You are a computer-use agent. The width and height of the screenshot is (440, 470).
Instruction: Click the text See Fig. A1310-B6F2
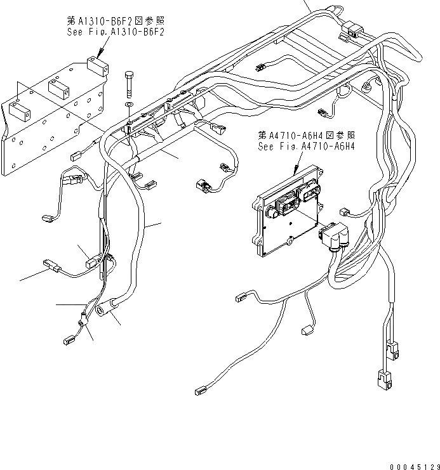pyautogui.click(x=115, y=32)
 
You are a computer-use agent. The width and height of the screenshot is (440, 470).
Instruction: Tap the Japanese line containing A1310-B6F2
pyautogui.click(x=115, y=20)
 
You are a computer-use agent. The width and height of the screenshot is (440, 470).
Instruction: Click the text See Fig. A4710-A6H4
pyautogui.click(x=306, y=146)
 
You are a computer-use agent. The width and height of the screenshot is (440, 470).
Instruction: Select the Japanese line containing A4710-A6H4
pyautogui.click(x=306, y=135)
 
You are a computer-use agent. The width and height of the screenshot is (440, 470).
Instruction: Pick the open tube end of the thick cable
pyautogui.click(x=102, y=311)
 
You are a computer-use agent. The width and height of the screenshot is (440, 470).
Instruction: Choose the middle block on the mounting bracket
pyautogui.click(x=57, y=89)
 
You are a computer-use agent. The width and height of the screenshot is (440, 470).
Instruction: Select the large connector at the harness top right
pyautogui.click(x=350, y=30)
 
